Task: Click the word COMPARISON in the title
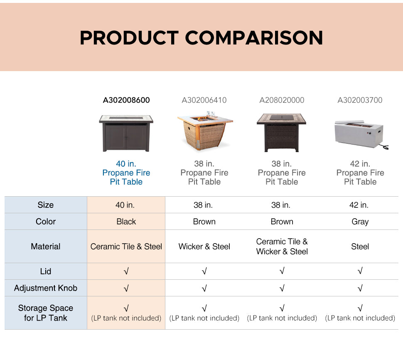coord(254,38)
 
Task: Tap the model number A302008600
coord(126,100)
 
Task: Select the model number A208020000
coord(282,100)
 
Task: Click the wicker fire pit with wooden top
coord(205,131)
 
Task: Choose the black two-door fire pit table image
coord(126,133)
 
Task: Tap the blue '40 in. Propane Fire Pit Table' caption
coord(126,173)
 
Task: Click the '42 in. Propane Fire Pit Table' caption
coord(360,173)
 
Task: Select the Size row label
coord(45,205)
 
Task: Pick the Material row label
coord(45,247)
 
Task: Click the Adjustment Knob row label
coord(45,288)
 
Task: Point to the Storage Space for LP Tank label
coord(45,313)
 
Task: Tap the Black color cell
coord(126,222)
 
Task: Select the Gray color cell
coord(360,222)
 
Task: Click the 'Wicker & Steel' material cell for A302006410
coord(204,247)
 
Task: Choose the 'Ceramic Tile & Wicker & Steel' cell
coord(282,247)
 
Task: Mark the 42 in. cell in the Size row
coord(359,205)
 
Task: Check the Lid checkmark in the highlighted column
coord(126,271)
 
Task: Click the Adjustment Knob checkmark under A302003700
coord(360,288)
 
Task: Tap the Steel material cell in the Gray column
coord(360,247)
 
